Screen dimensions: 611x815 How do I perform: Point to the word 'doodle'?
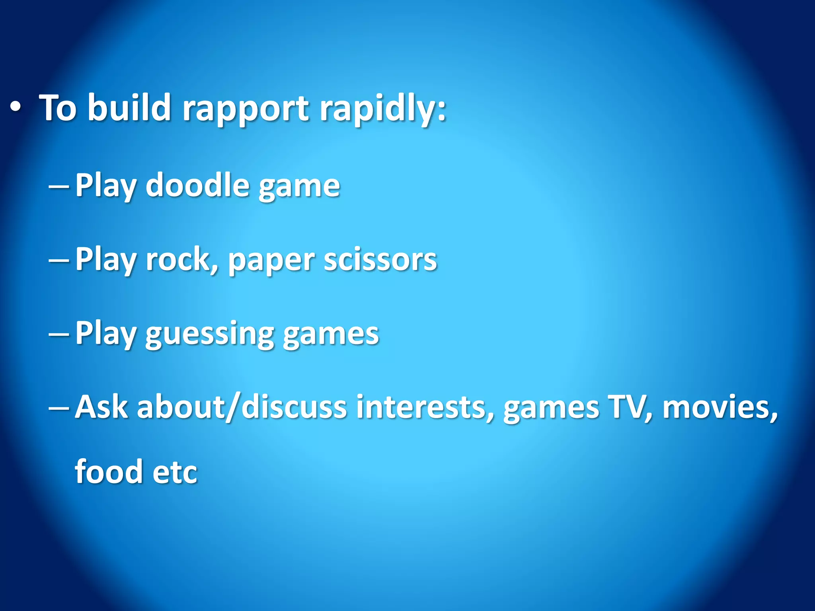click(x=197, y=185)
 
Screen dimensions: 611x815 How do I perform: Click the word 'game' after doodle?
click(x=299, y=185)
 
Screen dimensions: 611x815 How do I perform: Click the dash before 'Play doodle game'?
click(x=58, y=185)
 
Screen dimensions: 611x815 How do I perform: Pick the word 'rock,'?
click(x=181, y=259)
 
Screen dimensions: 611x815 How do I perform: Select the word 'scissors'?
click(x=380, y=259)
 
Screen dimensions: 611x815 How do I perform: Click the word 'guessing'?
click(x=210, y=334)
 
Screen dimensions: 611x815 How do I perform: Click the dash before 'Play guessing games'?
click(x=58, y=334)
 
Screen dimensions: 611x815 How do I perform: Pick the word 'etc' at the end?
click(x=175, y=472)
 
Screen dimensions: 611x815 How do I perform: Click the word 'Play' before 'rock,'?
click(x=105, y=259)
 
